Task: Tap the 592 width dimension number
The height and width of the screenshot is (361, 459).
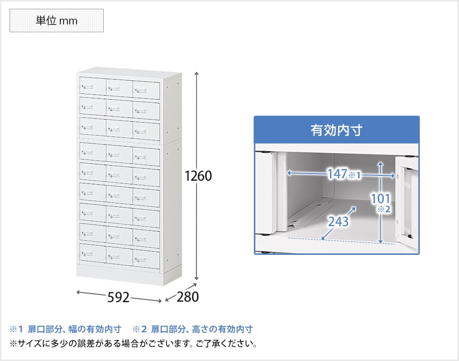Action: (118, 297)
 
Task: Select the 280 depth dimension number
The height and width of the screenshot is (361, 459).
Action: (187, 297)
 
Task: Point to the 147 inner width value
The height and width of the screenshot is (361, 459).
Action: (337, 175)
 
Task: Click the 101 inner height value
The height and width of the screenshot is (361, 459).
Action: (381, 198)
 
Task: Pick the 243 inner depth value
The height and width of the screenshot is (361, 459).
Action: (338, 221)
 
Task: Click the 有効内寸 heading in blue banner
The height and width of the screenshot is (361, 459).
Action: (336, 130)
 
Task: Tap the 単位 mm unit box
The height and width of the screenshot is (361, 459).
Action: (56, 21)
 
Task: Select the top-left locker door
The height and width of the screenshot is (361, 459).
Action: (92, 87)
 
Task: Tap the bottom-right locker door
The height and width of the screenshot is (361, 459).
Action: (146, 259)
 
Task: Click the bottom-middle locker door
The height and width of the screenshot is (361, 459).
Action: (119, 256)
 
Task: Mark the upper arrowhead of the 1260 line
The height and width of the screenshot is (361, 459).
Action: (197, 73)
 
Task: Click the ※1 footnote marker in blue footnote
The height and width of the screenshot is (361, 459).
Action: (16, 329)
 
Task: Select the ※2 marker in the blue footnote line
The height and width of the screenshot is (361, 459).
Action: (140, 329)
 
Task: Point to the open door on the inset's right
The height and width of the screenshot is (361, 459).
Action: (407, 201)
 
